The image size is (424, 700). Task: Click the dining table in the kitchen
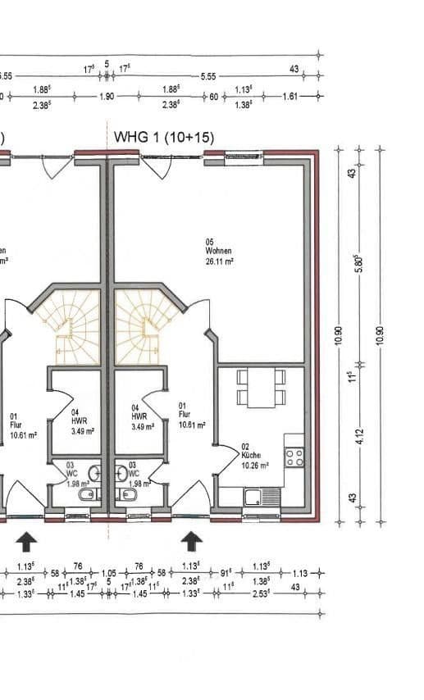point(261,387)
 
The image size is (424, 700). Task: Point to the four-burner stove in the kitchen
point(294,457)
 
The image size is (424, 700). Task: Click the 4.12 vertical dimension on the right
point(358,432)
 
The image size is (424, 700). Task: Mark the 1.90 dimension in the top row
point(106,96)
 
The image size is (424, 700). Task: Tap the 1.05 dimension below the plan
point(109,574)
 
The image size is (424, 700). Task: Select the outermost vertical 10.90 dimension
point(379,335)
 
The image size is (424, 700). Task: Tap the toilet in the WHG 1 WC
point(127,496)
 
